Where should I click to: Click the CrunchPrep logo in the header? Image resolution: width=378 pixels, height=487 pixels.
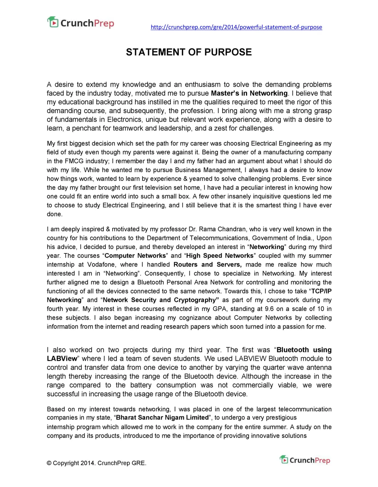(x=81, y=23)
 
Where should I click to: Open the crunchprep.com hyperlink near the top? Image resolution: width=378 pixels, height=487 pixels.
(x=236, y=27)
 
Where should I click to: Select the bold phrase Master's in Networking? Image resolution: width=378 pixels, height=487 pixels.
(x=249, y=93)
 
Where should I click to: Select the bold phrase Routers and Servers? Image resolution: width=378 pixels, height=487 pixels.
(x=207, y=265)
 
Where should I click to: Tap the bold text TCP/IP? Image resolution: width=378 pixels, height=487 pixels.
(x=321, y=291)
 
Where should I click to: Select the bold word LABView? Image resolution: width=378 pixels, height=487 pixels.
(x=62, y=358)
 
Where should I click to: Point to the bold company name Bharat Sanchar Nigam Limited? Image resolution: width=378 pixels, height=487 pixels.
(x=162, y=418)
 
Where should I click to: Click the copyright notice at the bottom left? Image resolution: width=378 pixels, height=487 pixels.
(x=96, y=463)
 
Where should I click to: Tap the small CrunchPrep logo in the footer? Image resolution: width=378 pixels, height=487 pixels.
(x=305, y=460)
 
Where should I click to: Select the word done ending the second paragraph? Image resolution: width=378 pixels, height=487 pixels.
(x=55, y=214)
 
